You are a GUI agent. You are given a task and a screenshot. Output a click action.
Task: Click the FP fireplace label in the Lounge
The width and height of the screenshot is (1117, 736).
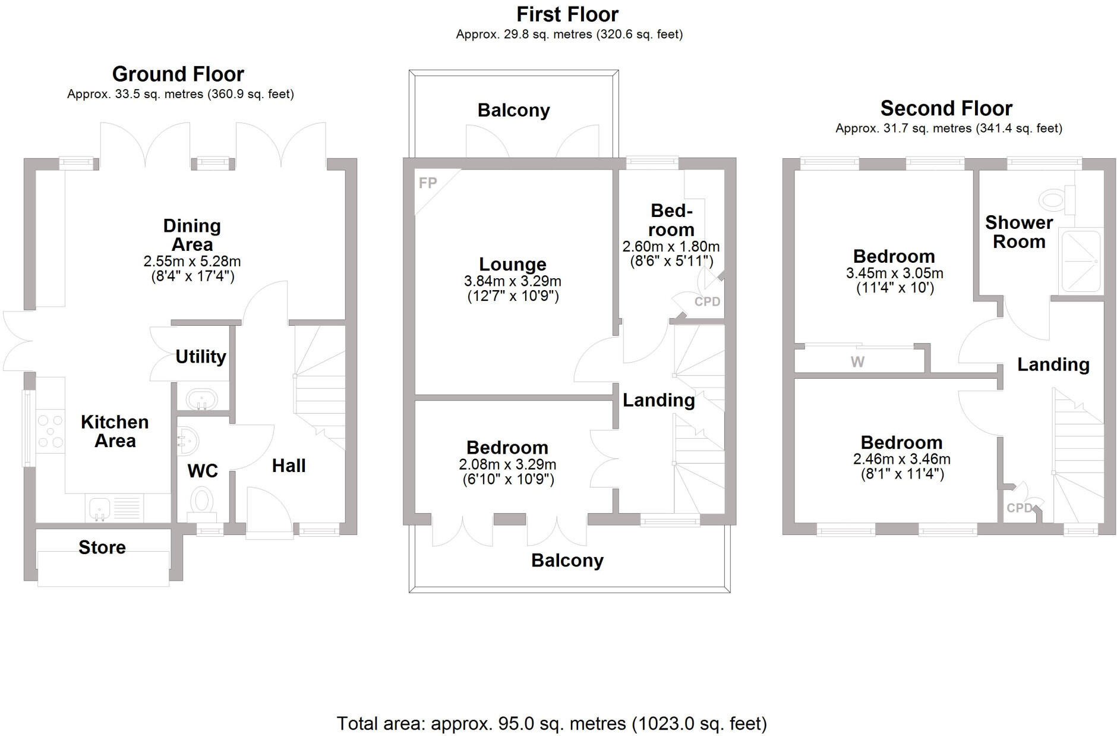[x=427, y=183]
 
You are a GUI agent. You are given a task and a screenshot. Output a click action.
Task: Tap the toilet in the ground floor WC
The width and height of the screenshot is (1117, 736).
[x=201, y=501]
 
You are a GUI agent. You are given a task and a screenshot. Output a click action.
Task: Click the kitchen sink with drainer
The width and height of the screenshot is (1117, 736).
[x=116, y=508]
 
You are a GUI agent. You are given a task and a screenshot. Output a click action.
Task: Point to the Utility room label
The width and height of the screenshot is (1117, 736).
[x=201, y=357]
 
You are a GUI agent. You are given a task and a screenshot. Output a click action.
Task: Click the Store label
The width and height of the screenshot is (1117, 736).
[x=102, y=548]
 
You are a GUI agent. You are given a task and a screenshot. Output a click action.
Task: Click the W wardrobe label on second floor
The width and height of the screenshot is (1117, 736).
[x=857, y=361]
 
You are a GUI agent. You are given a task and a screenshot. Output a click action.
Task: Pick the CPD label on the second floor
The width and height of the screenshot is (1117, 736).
[x=1019, y=508]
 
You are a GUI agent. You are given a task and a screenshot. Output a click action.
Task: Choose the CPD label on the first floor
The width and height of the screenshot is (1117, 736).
[x=707, y=301]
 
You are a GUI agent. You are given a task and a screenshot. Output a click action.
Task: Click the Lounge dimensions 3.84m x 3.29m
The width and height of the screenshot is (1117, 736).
[x=512, y=281]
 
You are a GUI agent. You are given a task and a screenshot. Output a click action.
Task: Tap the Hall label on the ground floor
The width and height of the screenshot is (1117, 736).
[x=289, y=465]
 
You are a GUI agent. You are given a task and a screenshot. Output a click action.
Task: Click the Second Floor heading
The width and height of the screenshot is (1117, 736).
[x=946, y=108]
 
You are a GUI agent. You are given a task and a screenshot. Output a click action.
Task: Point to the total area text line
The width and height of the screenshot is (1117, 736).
[x=551, y=724]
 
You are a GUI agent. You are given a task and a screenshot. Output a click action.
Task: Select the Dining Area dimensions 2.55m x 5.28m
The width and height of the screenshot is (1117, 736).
[x=192, y=262]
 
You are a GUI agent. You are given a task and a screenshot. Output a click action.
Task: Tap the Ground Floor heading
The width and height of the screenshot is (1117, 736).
[x=178, y=74]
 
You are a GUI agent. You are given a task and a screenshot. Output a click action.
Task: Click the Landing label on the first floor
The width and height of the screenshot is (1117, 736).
[x=658, y=400]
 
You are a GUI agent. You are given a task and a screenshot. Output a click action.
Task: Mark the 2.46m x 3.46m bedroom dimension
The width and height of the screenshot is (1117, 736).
[x=901, y=460]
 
